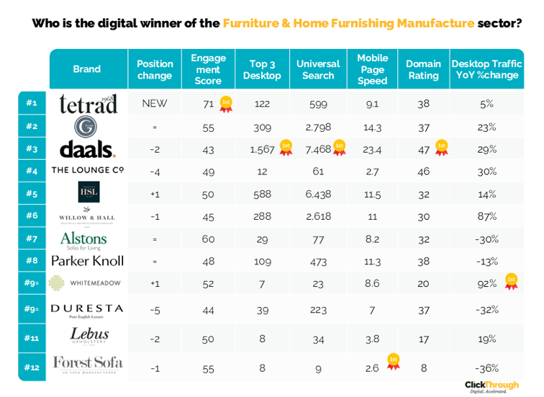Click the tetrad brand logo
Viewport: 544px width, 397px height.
88,104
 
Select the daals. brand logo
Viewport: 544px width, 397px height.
87,149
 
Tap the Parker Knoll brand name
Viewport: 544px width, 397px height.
87,261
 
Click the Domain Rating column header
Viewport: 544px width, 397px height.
423,69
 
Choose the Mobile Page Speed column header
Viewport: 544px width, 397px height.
372,69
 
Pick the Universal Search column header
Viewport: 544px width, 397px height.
318,69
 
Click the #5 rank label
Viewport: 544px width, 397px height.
32,193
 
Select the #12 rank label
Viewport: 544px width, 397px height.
32,367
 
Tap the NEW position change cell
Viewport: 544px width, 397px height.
155,104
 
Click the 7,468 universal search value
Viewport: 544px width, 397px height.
318,149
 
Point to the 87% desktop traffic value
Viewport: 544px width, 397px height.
487,216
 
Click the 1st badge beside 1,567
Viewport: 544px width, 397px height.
285,148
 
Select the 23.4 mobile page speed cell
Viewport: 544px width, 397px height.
372,149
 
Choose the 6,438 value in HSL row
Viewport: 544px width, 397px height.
318,195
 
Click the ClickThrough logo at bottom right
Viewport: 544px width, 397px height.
491,386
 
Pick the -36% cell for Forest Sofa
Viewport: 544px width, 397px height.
487,367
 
